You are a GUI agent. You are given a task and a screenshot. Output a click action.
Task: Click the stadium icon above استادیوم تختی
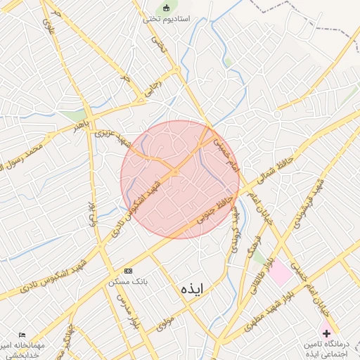pos(167,8)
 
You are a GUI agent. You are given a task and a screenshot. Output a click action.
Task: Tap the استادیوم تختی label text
pos(167,19)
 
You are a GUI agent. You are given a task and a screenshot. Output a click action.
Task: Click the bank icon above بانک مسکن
pos(128,271)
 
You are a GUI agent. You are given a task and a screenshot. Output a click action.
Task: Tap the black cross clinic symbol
pos(326,331)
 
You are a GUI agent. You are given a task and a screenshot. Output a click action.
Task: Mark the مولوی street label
pos(164,323)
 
